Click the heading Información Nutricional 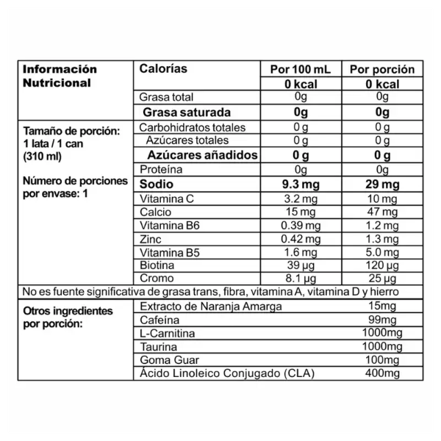tap(60, 76)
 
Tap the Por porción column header tap(381, 70)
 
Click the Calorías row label tap(163, 69)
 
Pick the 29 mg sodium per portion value tap(381, 184)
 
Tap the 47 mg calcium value tap(381, 212)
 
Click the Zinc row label tap(150, 239)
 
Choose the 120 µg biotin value tap(381, 265)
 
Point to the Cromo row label tap(154, 279)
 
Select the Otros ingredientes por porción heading tap(68, 317)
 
